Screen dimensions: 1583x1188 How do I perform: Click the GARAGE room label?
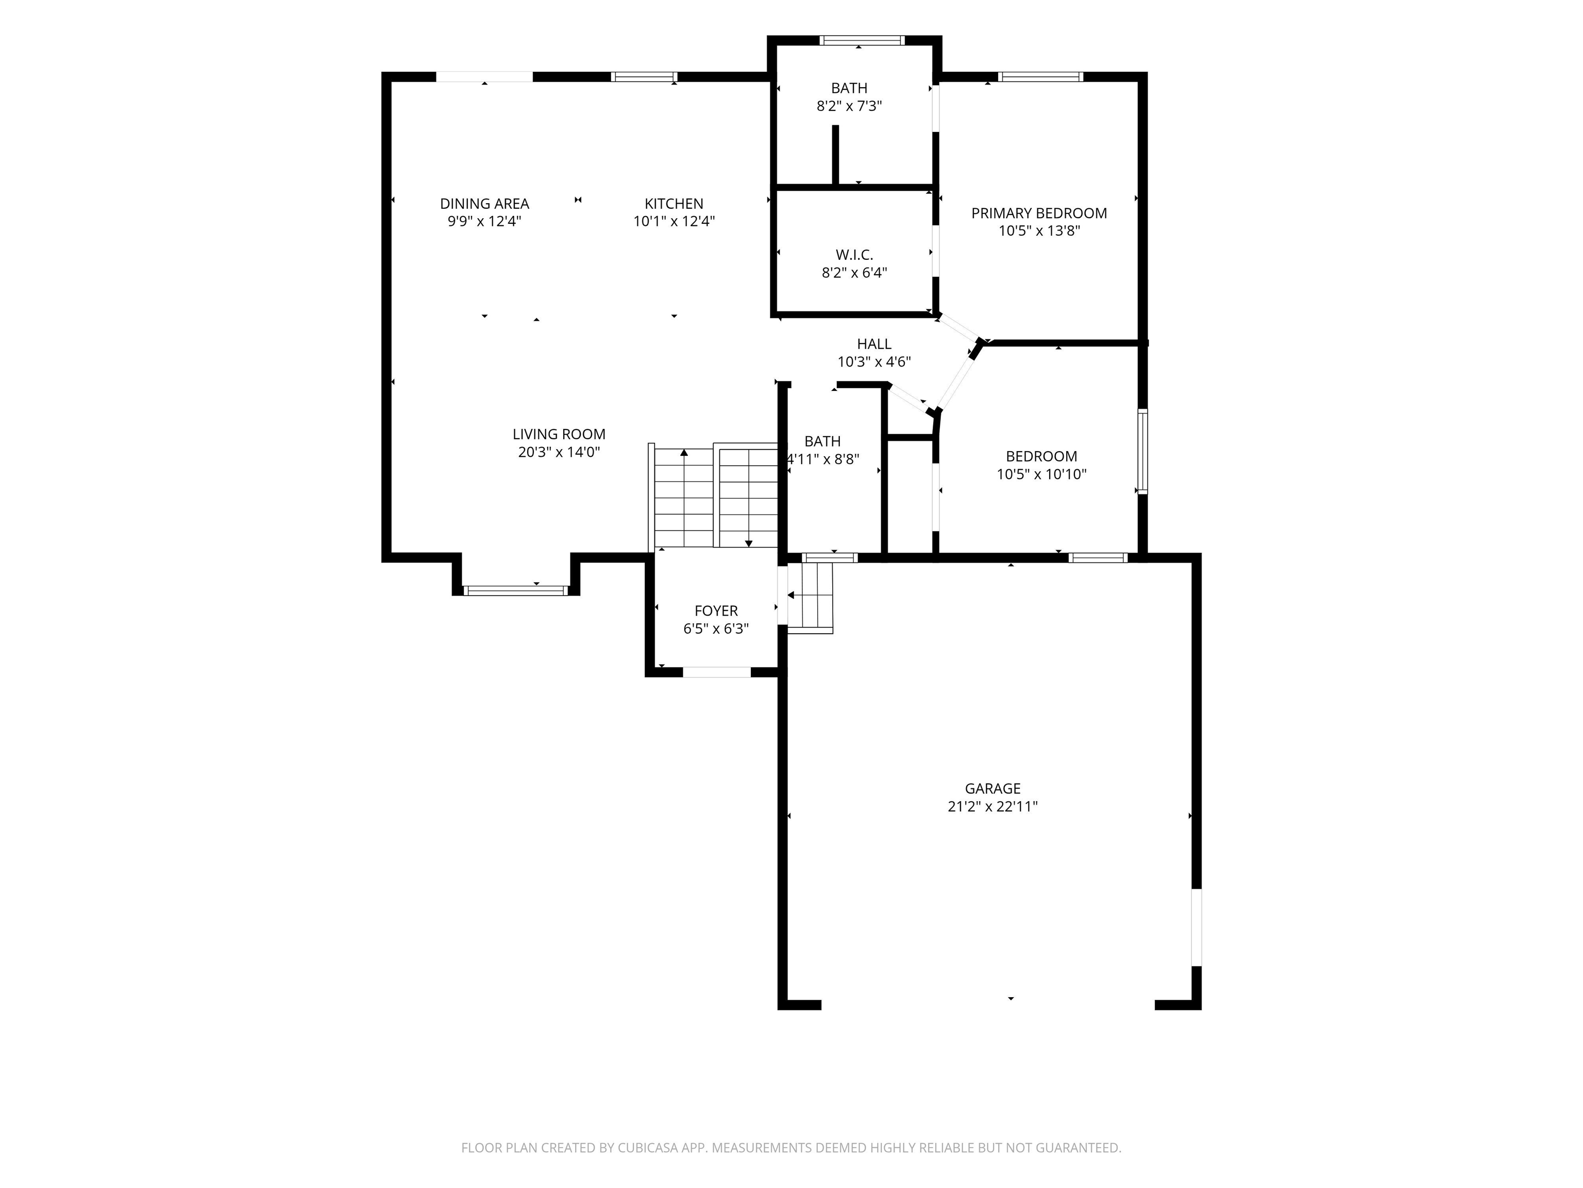click(992, 788)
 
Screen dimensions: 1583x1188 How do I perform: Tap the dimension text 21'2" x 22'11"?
click(992, 806)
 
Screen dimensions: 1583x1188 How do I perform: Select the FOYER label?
click(716, 611)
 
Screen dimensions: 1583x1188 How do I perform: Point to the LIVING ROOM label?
click(559, 434)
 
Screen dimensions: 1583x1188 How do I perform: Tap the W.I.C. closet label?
click(854, 255)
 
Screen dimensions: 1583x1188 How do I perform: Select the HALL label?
click(874, 344)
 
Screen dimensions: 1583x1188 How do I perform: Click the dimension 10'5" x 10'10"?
click(1042, 474)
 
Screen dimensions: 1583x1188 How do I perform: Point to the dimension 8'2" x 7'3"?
click(849, 106)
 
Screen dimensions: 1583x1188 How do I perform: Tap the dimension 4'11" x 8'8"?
click(823, 459)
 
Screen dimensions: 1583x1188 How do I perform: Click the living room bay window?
click(515, 591)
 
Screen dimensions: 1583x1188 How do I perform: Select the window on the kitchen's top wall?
click(644, 77)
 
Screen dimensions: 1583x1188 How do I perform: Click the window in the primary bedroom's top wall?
click(1040, 77)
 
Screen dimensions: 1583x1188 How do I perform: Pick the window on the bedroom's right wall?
click(1143, 451)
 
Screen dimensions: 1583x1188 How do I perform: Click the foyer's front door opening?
click(717, 672)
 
